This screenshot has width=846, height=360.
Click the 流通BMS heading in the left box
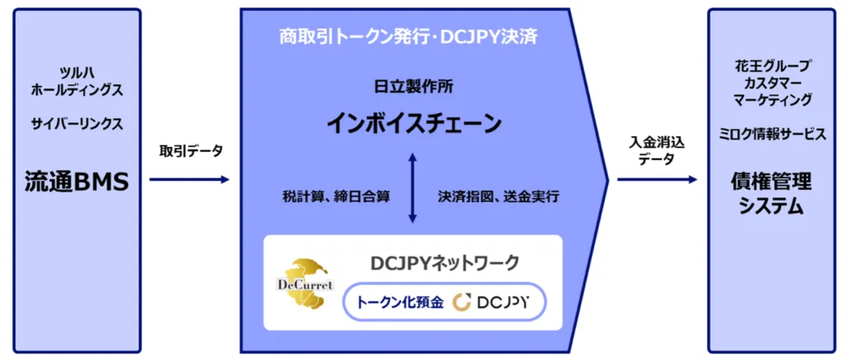[77, 182]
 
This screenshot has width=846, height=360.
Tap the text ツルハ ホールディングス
[77, 82]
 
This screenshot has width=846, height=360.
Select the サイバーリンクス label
[77, 124]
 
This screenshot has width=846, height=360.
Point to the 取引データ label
[191, 151]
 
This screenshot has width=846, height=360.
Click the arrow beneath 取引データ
[189, 179]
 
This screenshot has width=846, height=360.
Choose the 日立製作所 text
[414, 87]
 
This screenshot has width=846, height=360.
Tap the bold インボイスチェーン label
[413, 123]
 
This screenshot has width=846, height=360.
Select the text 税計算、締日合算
[335, 197]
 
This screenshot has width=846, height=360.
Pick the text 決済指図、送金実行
[498, 197]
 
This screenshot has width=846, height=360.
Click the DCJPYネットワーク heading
[444, 263]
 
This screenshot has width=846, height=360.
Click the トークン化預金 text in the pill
[400, 303]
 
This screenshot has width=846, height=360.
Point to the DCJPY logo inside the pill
[491, 303]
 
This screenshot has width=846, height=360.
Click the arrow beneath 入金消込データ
[657, 179]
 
